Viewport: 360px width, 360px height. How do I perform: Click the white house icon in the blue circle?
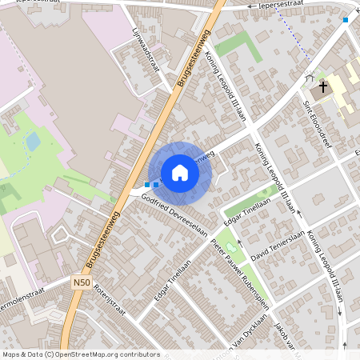180,172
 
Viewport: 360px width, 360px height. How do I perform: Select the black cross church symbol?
323,86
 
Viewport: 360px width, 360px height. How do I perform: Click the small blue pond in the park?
34,142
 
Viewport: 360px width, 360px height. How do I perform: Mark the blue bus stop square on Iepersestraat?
346,19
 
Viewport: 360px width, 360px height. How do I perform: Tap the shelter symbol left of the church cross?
310,80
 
